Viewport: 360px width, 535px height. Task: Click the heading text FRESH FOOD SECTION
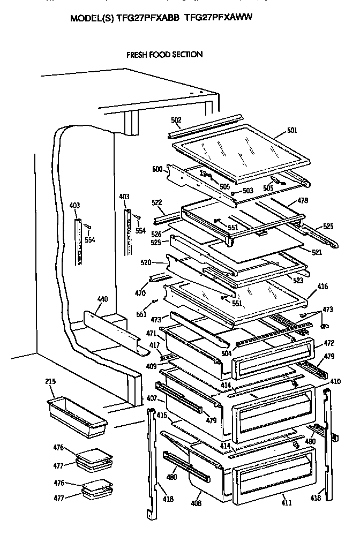(164, 55)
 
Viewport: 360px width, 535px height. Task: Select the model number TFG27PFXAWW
(218, 18)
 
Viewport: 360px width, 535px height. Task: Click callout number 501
(292, 130)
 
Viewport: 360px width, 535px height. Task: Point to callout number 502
(176, 120)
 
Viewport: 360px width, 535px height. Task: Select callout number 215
(50, 382)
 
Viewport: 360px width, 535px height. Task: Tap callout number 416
(322, 288)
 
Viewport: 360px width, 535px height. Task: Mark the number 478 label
(302, 201)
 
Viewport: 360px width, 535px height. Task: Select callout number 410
(335, 382)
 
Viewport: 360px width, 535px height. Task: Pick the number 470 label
(140, 293)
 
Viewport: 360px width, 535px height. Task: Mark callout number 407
(152, 398)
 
